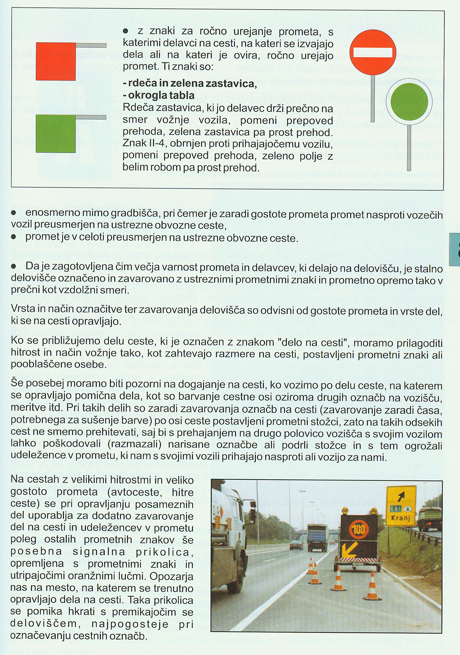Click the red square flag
pyautogui.click(x=56, y=61)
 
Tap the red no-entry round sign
pyautogui.click(x=373, y=52)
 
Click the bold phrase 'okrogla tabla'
pyautogui.click(x=161, y=95)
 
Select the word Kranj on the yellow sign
pyautogui.click(x=400, y=518)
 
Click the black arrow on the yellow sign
pyautogui.click(x=401, y=496)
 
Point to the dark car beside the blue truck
pyautogui.click(x=296, y=545)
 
